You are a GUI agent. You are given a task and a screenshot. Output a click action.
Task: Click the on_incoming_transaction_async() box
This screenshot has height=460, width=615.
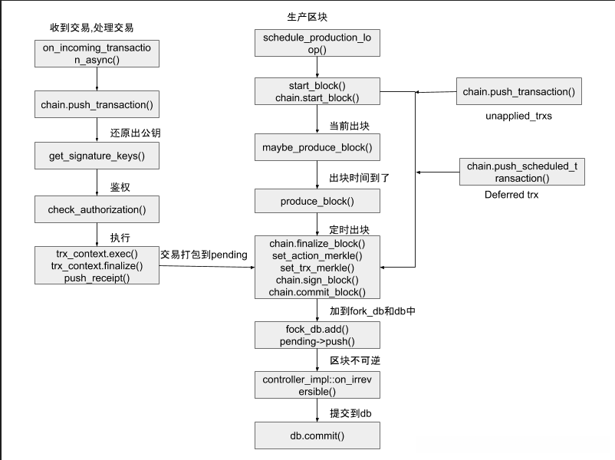97,53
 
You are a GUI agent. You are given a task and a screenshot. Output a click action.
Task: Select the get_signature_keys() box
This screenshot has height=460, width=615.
97,156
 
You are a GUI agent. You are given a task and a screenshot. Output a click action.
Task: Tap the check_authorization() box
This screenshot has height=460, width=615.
97,209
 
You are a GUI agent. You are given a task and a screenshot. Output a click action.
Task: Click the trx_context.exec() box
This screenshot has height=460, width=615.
97,265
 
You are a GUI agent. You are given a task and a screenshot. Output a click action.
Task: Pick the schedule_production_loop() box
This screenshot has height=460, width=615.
317,43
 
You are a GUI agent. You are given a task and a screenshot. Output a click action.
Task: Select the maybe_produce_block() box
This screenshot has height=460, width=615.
317,146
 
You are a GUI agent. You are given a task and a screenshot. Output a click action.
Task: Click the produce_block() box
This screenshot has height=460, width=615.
317,201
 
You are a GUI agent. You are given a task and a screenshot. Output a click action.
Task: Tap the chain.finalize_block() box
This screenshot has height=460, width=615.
317,268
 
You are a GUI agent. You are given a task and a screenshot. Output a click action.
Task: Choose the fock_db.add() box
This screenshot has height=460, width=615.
317,335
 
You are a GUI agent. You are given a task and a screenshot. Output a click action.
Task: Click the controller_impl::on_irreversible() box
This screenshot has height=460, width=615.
317,386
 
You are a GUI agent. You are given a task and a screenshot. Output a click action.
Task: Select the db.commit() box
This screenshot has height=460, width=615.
317,435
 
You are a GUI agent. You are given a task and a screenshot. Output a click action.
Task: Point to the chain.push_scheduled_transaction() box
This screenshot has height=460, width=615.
521,172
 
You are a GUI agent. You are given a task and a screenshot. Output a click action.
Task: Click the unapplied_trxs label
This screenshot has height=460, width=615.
518,117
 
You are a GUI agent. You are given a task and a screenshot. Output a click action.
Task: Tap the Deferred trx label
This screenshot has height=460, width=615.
511,195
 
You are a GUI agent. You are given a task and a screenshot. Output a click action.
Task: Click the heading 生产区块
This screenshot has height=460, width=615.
307,17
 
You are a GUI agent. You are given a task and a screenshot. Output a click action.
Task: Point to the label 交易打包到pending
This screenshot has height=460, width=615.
204,255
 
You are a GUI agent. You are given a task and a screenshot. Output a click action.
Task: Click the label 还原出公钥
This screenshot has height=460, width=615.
135,133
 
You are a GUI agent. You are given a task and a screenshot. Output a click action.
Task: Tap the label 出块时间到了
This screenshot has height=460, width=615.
360,178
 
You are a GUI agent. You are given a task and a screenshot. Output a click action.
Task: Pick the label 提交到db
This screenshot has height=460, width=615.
350,413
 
